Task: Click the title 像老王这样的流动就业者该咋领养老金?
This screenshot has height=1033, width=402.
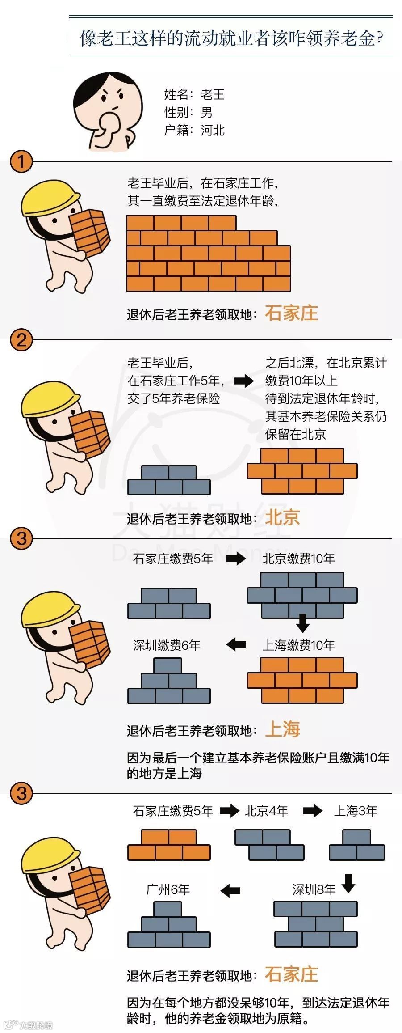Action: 231,38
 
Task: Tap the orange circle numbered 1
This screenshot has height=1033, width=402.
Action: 21,161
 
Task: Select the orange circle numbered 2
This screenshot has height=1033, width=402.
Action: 21,340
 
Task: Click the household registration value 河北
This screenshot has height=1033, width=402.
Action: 213,130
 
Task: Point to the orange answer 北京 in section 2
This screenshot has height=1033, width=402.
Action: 282,518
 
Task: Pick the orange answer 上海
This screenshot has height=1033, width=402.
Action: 282,729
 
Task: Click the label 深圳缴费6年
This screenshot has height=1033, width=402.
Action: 167,645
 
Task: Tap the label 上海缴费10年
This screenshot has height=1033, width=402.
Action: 298,645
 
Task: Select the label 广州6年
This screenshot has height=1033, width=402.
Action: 168,889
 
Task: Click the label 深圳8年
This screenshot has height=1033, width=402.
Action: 314,889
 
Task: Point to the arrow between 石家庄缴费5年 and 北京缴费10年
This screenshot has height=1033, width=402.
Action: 236,559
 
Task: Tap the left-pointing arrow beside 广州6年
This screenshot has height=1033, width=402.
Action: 230,890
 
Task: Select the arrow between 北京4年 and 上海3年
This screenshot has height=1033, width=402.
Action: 313,811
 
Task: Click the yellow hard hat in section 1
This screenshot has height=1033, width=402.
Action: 48,199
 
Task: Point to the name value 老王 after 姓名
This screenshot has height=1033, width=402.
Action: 213,94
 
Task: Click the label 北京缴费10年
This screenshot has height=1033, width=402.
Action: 298,559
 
